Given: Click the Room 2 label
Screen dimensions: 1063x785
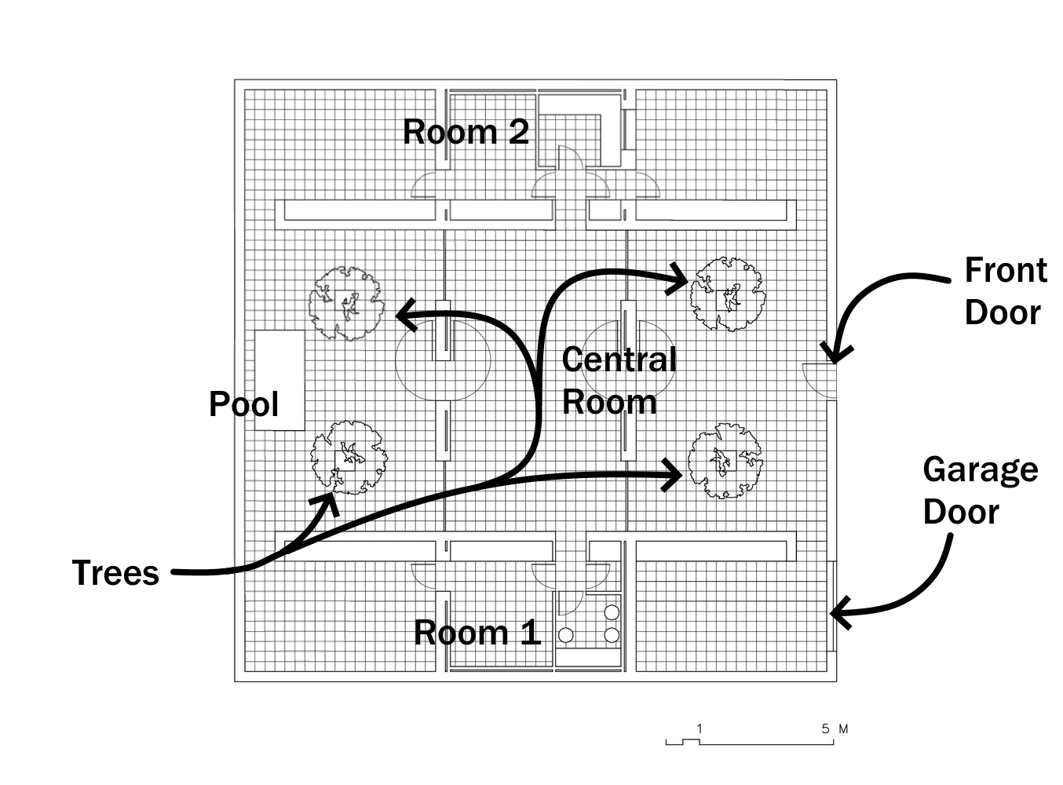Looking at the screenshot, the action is coord(466,131).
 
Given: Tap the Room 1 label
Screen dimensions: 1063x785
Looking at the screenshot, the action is coord(477,633).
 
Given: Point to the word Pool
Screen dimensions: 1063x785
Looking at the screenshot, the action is coord(243,403).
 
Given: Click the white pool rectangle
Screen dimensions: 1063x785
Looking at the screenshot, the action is coord(279,380).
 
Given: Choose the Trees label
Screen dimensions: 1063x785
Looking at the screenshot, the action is coord(115,572).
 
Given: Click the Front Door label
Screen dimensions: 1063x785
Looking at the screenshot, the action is coord(1006,291).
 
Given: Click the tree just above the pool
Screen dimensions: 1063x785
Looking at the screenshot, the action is coord(346,304).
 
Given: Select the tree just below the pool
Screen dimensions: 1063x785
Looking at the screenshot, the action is coord(349,457).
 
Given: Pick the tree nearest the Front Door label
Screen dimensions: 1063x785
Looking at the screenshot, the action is coord(728,294).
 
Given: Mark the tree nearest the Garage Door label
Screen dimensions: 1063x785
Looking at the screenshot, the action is coord(726,461).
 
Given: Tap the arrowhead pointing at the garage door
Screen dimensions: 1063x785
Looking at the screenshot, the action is coord(838,612).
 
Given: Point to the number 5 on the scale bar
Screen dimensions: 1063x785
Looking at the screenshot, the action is coord(825,729).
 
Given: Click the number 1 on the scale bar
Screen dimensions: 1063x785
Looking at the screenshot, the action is coord(700,729).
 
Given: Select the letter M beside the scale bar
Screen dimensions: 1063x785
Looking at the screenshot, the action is coord(843,729).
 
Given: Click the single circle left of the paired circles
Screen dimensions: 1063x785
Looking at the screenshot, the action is coord(565,636).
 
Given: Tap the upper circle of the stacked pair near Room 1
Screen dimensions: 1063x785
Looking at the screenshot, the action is coord(612,612).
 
